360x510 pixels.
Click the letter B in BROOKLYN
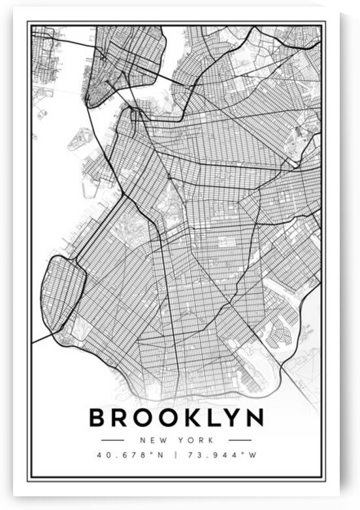click(99, 417)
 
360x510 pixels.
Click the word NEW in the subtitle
click(156, 441)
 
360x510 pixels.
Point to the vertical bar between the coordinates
click(177, 454)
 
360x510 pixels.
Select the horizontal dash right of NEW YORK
click(240, 441)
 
